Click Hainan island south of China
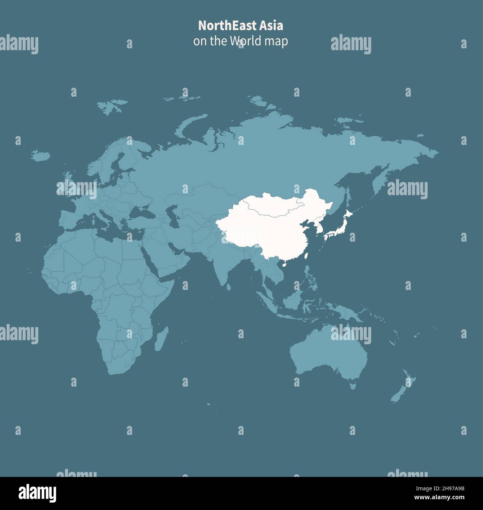click(284, 265)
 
